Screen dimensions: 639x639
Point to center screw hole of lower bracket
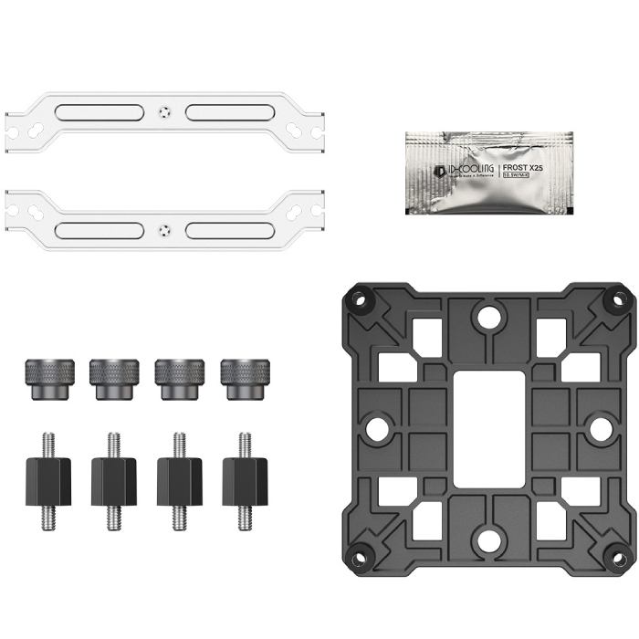(164, 229)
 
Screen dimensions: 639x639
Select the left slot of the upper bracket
(99, 113)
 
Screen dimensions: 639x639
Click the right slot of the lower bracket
(230, 229)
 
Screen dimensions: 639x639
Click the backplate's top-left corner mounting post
(359, 298)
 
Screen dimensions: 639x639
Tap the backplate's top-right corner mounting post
(620, 298)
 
